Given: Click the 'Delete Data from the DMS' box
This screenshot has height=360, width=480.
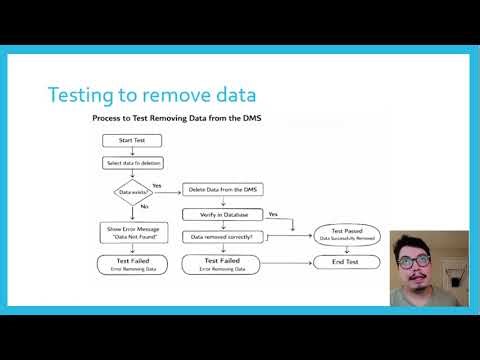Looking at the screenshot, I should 223,189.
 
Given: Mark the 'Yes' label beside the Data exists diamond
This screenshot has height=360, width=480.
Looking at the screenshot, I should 158,183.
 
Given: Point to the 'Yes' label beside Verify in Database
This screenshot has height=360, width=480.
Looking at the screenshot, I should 273,213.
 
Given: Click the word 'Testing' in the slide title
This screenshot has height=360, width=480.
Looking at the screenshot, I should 85,95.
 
